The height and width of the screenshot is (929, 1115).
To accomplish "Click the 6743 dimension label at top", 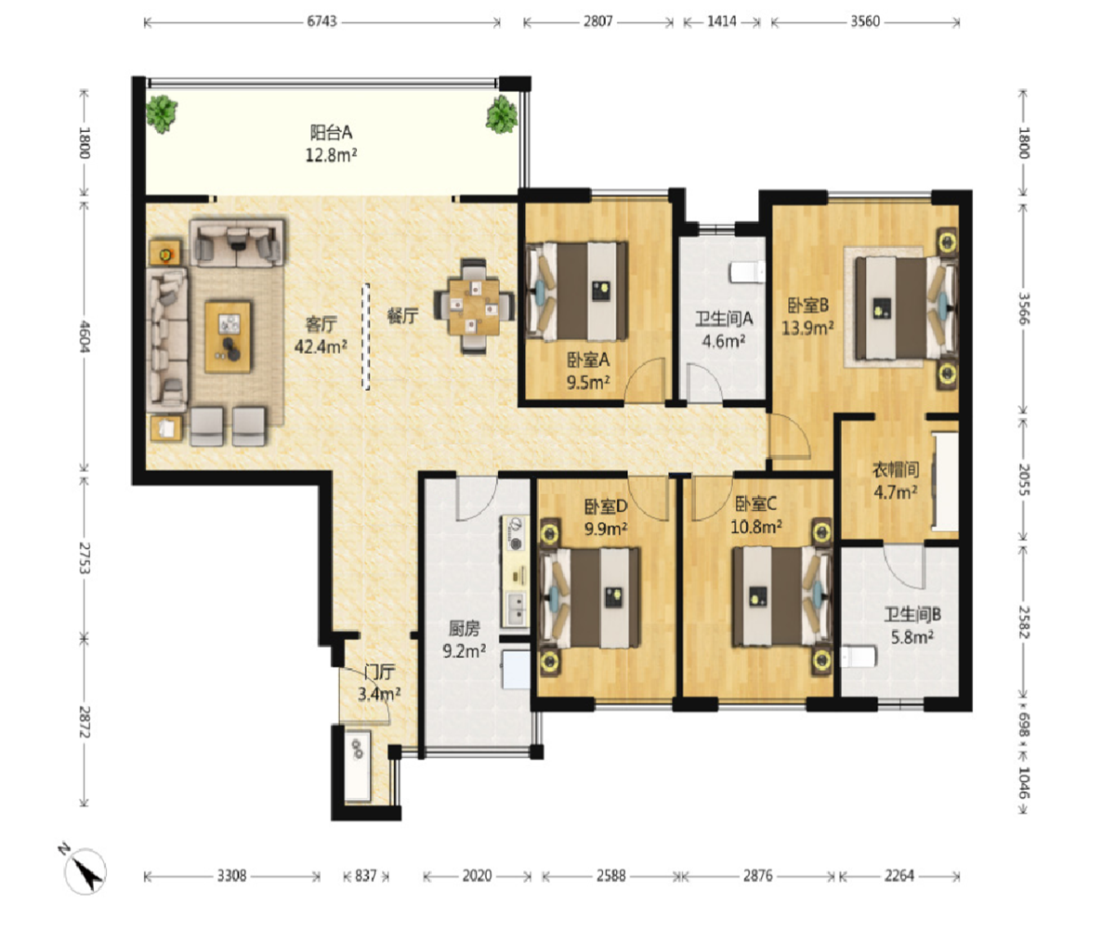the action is [x=322, y=21].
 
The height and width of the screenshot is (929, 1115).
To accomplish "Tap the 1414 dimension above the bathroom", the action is [x=722, y=21].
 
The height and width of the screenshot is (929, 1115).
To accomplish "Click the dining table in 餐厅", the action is [x=474, y=307].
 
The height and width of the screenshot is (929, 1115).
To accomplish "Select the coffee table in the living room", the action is [x=228, y=336].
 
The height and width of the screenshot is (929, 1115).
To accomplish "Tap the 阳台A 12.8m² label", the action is [x=331, y=143].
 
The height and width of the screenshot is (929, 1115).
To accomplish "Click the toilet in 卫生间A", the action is [x=748, y=272].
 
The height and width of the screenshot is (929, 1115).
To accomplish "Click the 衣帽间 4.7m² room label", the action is [x=896, y=480].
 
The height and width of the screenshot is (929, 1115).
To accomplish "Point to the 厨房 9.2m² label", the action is [x=464, y=639].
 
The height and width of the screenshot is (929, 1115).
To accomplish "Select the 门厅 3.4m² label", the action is [x=379, y=683].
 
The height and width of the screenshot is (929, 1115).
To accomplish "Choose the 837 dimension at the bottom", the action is [x=366, y=876].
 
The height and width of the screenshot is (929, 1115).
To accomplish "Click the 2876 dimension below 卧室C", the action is [x=758, y=876].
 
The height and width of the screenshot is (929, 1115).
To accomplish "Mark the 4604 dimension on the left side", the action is [x=85, y=336].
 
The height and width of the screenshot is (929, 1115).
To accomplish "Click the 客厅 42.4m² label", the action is [x=321, y=335].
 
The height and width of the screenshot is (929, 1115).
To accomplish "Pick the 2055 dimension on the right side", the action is [x=1024, y=479].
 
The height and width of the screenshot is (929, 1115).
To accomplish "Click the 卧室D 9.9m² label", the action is [x=606, y=517].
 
